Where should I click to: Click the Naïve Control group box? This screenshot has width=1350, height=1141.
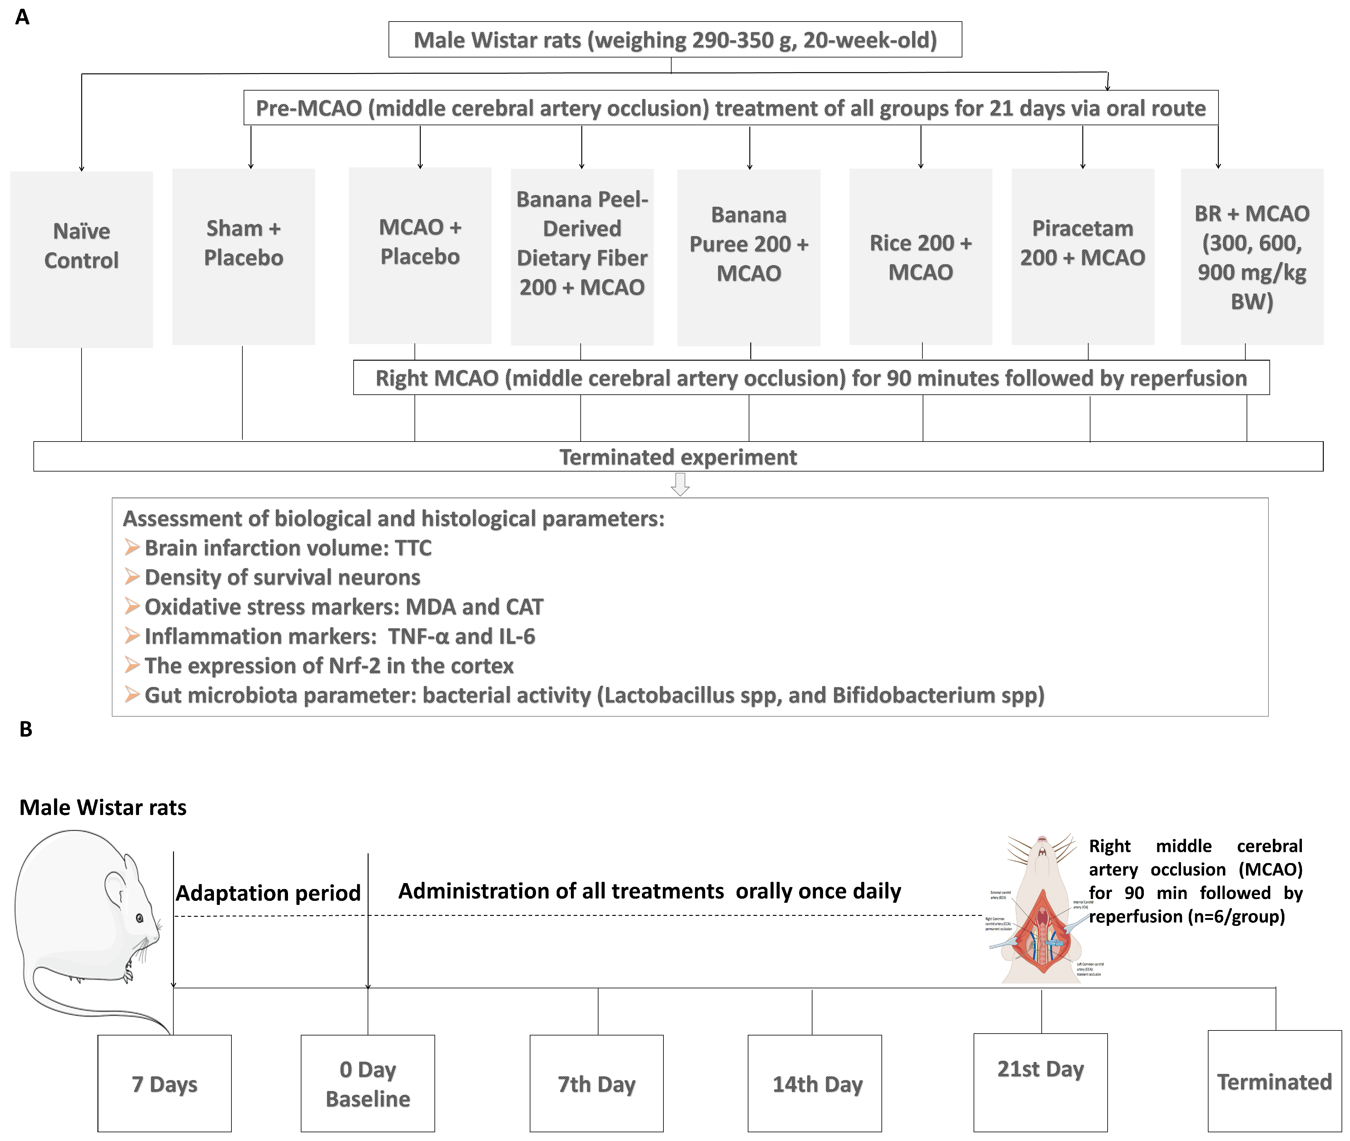82,259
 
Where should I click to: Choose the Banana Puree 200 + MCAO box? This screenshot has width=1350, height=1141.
748,257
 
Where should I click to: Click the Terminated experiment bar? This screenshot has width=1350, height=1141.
678,457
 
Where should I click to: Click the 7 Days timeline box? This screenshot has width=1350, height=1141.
164,1084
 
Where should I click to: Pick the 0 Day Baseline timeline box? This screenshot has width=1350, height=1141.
367,1084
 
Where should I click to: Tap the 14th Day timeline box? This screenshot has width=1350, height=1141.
814,1084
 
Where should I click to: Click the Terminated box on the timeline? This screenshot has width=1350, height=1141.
1274,1081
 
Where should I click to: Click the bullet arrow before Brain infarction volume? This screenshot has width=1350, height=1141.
132,548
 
